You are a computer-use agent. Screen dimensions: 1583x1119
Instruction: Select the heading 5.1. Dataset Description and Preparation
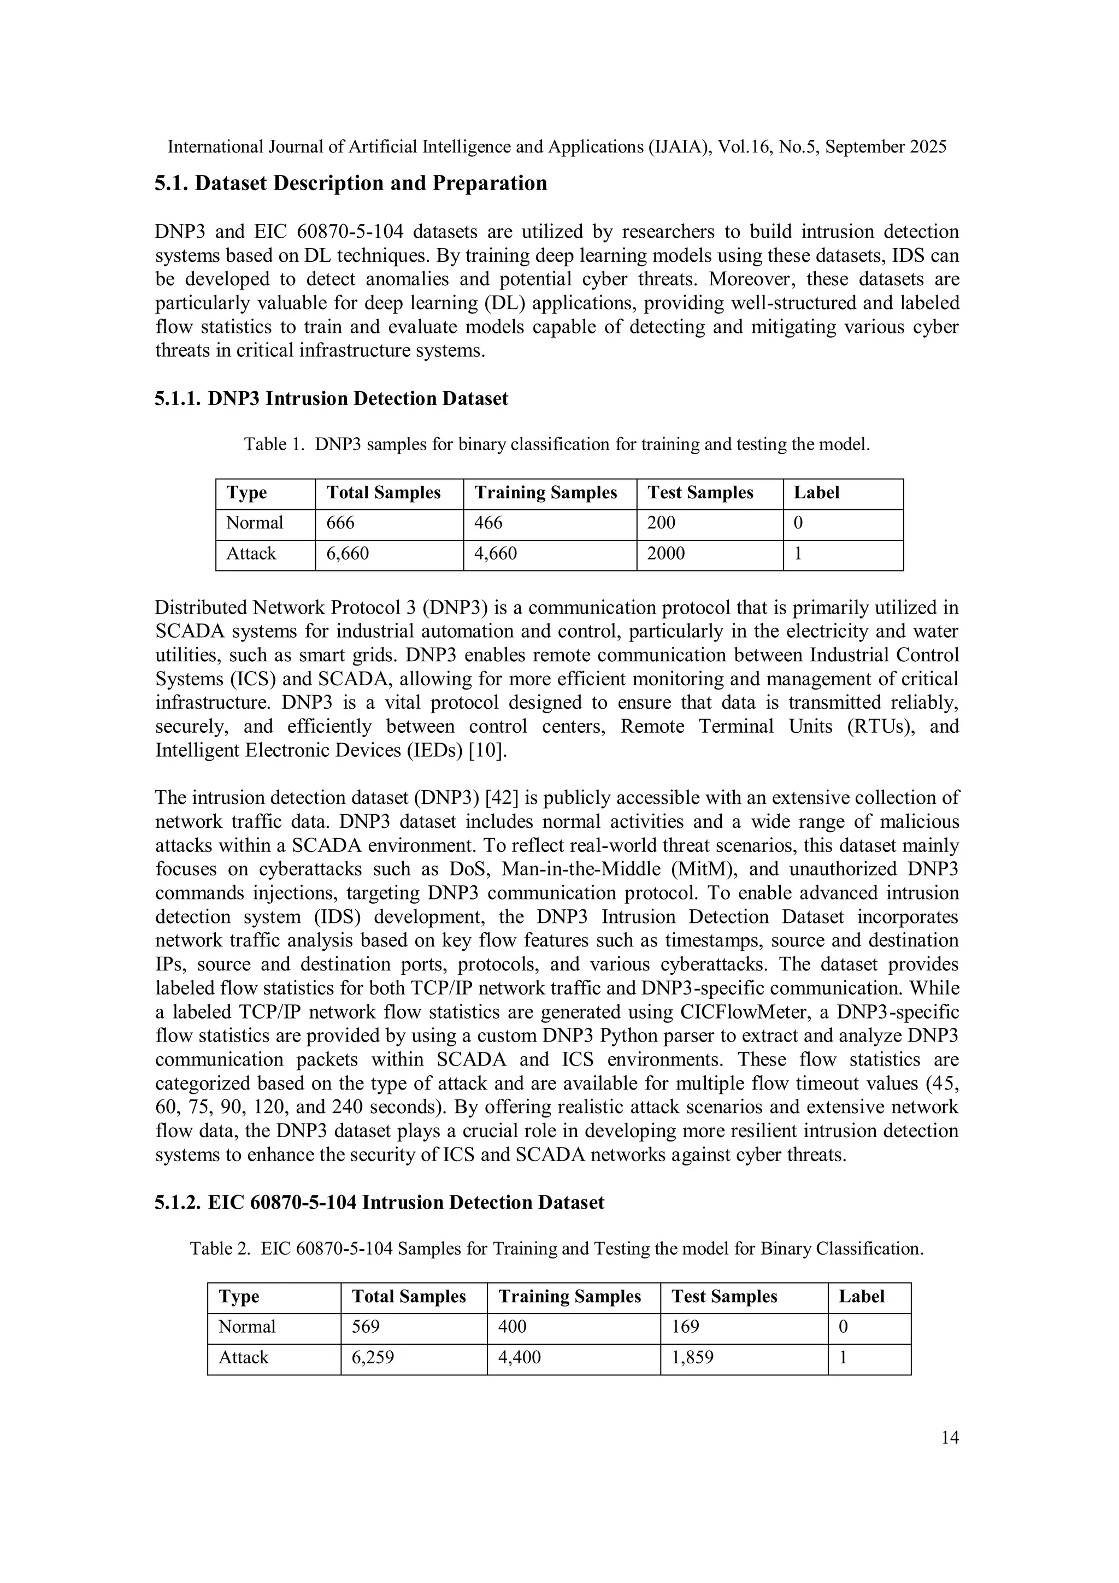(350, 184)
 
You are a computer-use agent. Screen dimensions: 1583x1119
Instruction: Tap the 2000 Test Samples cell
(665, 554)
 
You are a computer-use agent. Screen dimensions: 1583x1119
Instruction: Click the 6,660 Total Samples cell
(348, 554)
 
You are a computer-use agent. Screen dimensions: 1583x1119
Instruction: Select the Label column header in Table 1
(816, 493)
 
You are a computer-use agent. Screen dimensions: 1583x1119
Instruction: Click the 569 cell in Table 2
(366, 1327)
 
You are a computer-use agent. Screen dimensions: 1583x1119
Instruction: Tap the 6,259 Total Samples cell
(372, 1357)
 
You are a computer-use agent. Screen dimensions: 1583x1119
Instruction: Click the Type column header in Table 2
(239, 1296)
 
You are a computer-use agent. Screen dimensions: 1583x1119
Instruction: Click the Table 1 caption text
(556, 445)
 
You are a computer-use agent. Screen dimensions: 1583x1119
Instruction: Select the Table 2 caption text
(556, 1249)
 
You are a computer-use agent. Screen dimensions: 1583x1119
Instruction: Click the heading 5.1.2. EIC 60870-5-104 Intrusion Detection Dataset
(379, 1203)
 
